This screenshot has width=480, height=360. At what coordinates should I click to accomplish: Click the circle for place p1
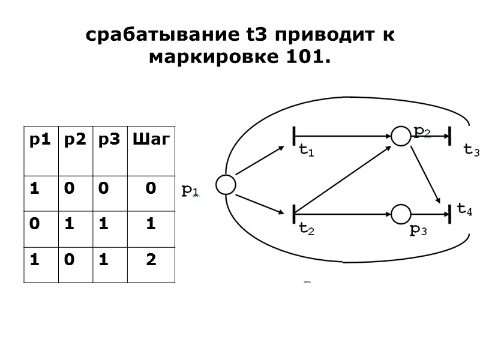point(226,185)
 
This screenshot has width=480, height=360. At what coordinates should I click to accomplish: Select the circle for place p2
point(400,136)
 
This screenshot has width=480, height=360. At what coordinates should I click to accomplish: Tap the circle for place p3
point(400,213)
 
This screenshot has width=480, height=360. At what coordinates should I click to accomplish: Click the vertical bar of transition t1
point(295,136)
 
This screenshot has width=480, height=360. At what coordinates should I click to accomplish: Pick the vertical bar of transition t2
point(295,213)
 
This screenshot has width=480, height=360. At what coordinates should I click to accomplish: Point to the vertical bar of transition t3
point(449,136)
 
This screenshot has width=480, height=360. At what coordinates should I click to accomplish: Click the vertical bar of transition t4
point(449,213)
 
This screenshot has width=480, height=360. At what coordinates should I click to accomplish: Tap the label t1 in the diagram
point(306,151)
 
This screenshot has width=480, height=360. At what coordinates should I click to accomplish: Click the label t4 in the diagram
point(464,208)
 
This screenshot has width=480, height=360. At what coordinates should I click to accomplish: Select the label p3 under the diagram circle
point(418,230)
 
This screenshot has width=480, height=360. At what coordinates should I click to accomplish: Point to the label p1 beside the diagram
point(191,190)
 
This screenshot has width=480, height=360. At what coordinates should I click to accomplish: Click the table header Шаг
point(151,140)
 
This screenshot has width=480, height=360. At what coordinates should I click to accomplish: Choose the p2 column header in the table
point(75,140)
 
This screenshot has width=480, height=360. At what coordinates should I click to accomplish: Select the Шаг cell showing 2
point(151,260)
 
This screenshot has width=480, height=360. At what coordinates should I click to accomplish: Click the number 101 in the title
point(306,59)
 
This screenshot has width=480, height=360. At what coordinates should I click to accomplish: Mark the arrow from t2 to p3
point(343,213)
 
